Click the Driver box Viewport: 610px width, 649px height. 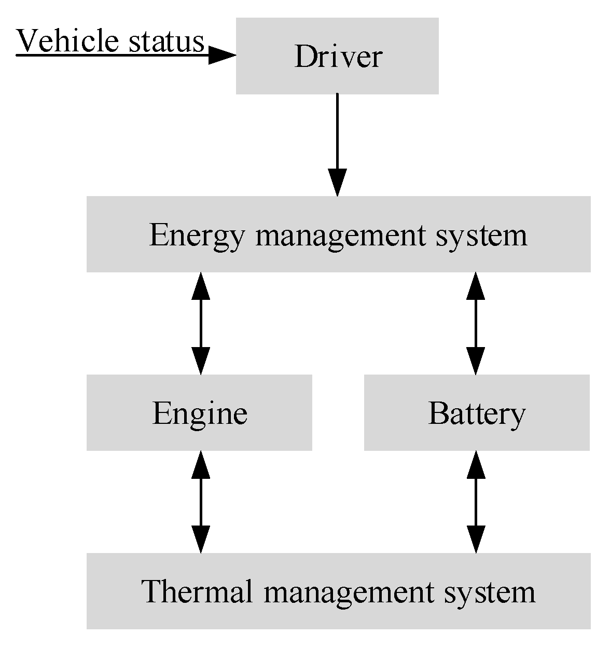coord(337,56)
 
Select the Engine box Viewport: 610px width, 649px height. coord(199,413)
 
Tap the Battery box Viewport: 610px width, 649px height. coord(477,413)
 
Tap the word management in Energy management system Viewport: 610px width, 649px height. coord(342,235)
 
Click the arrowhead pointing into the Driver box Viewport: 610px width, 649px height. coord(222,54)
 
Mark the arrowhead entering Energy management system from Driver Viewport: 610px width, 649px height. coord(337,183)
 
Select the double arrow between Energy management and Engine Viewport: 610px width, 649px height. coord(201,323)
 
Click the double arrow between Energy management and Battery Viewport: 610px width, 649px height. coord(476,323)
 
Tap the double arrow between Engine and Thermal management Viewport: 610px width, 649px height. coord(201,502)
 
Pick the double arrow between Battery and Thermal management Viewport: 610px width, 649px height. coord(476,502)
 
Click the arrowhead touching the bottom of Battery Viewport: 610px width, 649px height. coord(476,464)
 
